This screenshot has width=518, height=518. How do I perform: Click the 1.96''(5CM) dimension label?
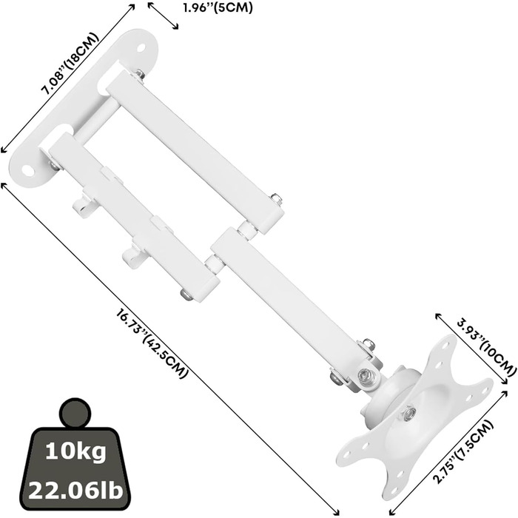pos(218,8)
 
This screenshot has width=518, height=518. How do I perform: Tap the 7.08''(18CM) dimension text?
pos(70,64)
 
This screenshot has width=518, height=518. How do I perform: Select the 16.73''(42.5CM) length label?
pos(152,343)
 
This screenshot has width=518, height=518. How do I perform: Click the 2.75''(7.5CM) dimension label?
pos(463,452)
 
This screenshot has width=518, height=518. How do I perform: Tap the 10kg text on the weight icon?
pos(75,451)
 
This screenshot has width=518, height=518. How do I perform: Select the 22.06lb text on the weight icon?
pos(75,490)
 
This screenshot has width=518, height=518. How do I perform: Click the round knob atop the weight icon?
pos(75,412)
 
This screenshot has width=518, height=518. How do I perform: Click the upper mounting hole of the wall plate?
pos(141,47)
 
